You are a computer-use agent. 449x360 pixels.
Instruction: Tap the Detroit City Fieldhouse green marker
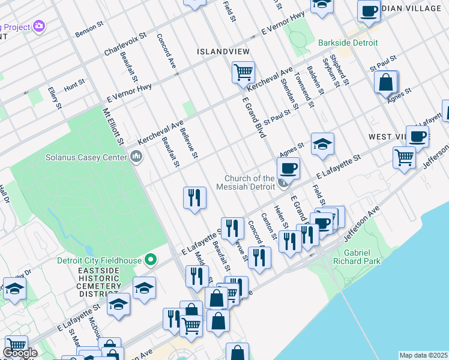pos(151,260)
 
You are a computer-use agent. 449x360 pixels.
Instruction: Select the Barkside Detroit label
pos(348,43)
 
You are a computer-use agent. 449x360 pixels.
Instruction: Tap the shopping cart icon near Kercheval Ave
pos(243,73)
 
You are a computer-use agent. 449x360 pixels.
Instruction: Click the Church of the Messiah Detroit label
pos(250,182)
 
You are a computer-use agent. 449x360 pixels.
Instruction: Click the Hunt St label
pos(74,87)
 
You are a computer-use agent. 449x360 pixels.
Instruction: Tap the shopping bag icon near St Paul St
pos(387,82)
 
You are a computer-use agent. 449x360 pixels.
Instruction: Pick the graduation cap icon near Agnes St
pos(322,144)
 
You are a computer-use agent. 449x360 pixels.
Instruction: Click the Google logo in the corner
pos(20,353)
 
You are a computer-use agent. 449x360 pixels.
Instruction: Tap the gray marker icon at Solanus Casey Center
pos(136,158)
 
